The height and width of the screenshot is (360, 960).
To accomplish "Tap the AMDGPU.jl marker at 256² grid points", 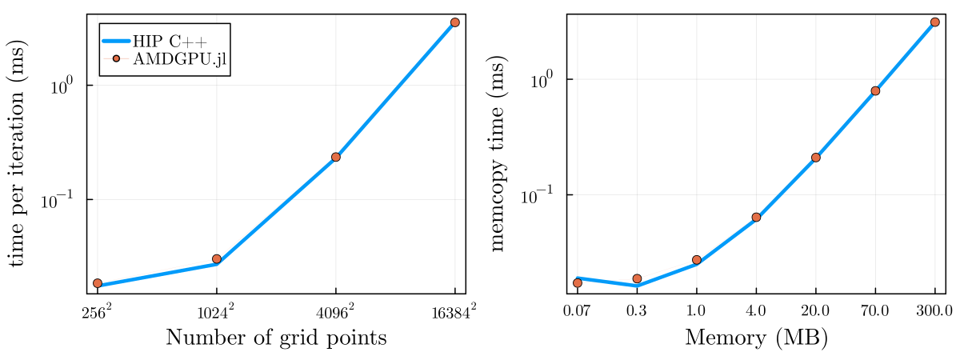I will tap(98, 283).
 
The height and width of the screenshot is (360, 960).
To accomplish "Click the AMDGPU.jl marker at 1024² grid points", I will tap(217, 258).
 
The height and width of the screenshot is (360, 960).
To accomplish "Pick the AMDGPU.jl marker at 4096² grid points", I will tap(336, 157).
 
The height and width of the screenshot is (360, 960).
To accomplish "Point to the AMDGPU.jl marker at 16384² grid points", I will tap(455, 22).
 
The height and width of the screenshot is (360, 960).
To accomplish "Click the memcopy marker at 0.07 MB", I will tap(578, 282).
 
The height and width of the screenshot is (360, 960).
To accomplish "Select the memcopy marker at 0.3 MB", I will tap(637, 278).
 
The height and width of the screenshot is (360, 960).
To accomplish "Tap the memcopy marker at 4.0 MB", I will tap(756, 217).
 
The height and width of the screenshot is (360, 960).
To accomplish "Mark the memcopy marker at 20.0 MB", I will tap(815, 158).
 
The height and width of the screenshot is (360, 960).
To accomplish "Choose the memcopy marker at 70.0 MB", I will tap(875, 90).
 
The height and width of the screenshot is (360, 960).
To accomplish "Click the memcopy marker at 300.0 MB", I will tap(934, 22).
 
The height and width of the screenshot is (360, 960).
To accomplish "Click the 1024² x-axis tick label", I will tap(217, 310).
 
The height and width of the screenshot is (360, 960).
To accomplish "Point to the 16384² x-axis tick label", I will tap(455, 310).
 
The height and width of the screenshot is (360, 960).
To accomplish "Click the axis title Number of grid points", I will tap(276, 338).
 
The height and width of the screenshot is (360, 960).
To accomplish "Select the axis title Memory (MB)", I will tap(756, 338).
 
